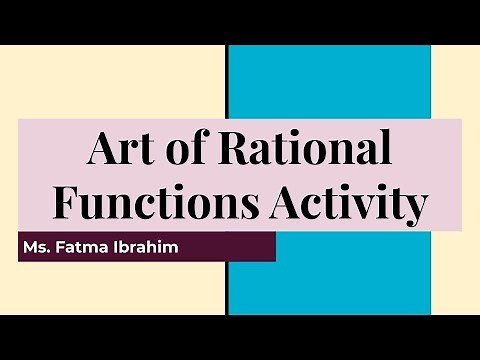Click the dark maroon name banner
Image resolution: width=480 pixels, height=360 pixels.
click(200, 246)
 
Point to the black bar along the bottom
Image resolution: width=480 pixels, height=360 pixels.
click(240, 337)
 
